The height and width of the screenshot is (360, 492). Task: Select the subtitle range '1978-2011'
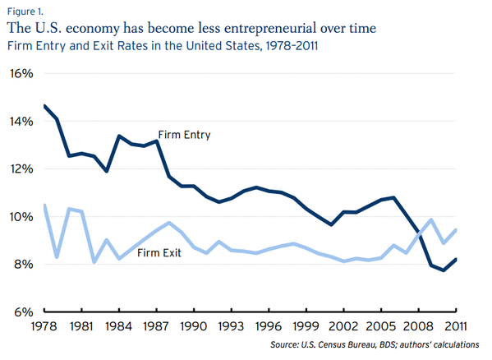(289, 45)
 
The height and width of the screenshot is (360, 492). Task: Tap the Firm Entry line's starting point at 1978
(44, 105)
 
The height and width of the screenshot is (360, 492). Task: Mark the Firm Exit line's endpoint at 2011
(456, 230)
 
